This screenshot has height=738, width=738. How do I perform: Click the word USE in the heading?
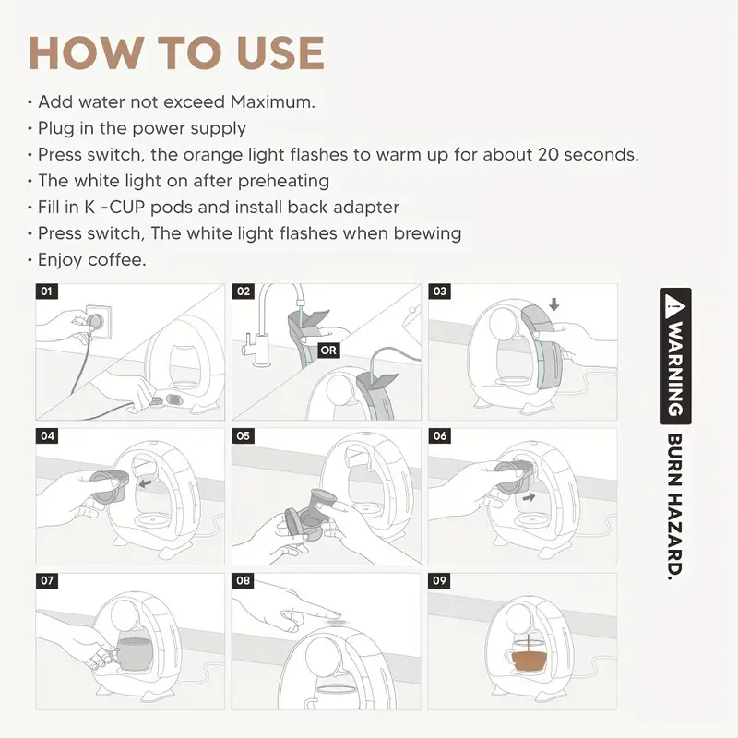click(x=280, y=53)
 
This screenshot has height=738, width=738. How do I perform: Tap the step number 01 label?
click(x=47, y=292)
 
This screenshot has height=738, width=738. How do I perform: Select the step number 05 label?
click(x=243, y=435)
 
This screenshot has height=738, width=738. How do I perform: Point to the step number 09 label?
click(x=439, y=580)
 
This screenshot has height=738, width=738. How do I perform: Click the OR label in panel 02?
click(x=328, y=351)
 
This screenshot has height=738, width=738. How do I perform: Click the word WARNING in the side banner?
click(x=675, y=368)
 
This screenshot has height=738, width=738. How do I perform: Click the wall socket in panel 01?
click(x=98, y=322)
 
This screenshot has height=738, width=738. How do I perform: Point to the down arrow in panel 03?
click(x=554, y=304)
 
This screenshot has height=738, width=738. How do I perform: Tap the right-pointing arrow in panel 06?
click(x=529, y=496)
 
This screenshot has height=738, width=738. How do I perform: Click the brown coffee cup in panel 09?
click(x=528, y=659)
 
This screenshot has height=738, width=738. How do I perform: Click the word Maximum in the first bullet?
click(x=272, y=101)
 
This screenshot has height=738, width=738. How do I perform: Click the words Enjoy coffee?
click(x=91, y=260)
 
